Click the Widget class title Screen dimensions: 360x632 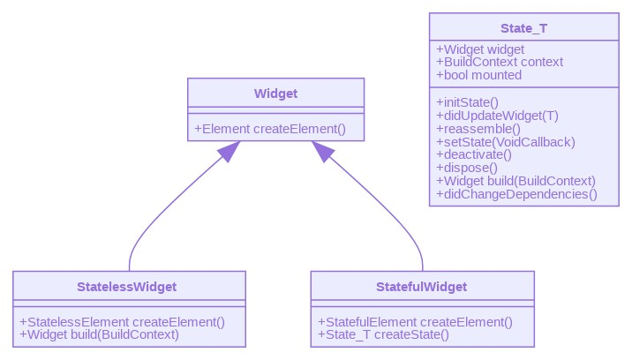tap(275, 94)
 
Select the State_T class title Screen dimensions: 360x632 tap(523, 28)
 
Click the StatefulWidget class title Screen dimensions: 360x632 tap(422, 287)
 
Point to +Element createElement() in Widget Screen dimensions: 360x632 tap(269, 129)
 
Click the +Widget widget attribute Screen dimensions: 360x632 tap(480, 49)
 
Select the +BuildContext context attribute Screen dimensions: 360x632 tap(500, 62)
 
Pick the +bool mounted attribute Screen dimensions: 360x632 tap(479, 75)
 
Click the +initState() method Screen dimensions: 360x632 tap(468, 101)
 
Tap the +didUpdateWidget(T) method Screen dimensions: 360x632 tap(497, 115)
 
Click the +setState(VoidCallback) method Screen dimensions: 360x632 tap(506, 141)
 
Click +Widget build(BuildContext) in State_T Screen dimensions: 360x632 tap(516, 181)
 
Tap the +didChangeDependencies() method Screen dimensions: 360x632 tap(516, 194)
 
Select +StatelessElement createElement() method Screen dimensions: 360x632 tap(123, 322)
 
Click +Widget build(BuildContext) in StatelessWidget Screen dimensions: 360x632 tap(99, 334)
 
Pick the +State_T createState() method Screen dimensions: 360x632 tap(383, 334)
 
